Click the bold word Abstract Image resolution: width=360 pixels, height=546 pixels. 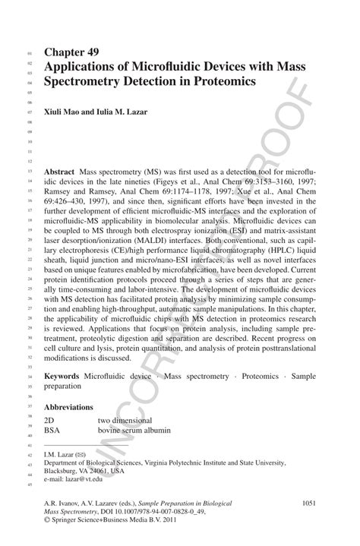[x=60, y=172]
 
